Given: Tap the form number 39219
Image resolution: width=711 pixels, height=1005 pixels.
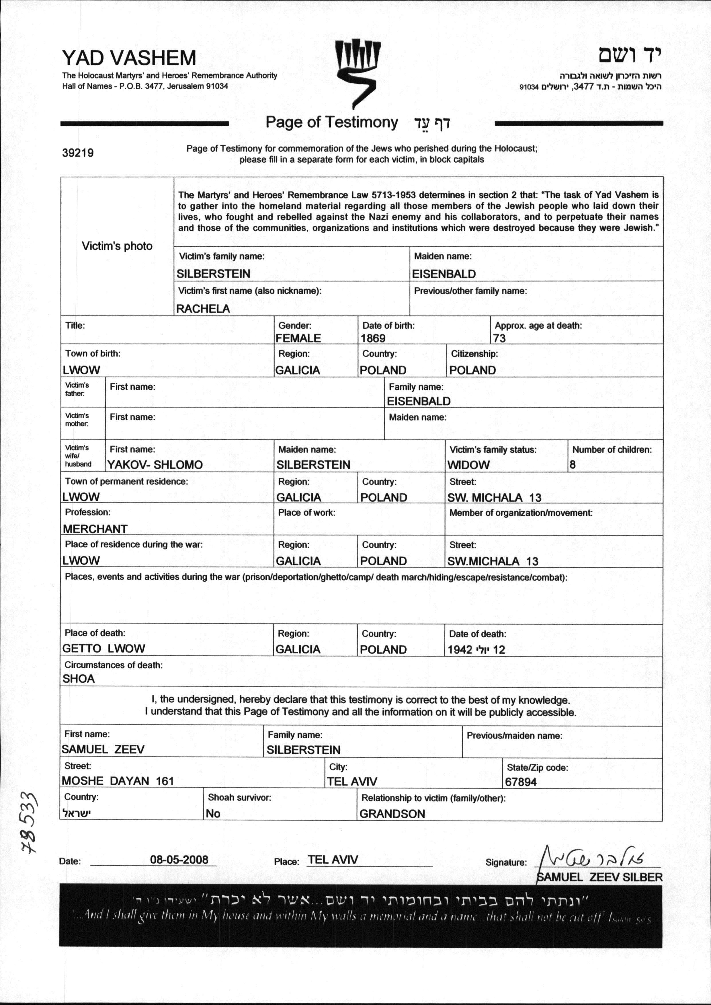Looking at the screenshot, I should coord(78,153).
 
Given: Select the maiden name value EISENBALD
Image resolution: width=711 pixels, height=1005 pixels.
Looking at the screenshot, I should coord(444,274).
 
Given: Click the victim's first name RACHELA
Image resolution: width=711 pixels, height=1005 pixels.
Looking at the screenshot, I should coord(203,309).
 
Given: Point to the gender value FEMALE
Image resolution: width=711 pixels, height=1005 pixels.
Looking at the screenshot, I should coord(298,338).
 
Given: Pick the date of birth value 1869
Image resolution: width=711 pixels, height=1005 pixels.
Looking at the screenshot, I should coord(373,338).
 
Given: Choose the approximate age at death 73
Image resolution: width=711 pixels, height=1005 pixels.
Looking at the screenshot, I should coord(499,338).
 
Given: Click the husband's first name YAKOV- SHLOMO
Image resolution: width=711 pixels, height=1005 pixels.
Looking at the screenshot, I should coord(155,465).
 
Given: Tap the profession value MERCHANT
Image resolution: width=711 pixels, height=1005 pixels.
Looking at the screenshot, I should coord(95,529).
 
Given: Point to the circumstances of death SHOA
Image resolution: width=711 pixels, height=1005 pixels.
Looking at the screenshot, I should coord(79,679).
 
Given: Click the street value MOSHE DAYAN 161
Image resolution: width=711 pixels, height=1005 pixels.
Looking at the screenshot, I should coord(118,781).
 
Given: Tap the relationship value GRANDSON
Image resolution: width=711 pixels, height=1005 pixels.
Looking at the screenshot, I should coord(392,814).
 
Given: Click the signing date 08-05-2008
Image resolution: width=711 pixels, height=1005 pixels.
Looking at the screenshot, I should coord(179,859).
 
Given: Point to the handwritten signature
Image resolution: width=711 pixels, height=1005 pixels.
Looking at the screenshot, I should coord(595,856).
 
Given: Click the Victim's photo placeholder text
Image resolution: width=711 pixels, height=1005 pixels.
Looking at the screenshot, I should coord(117,246).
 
